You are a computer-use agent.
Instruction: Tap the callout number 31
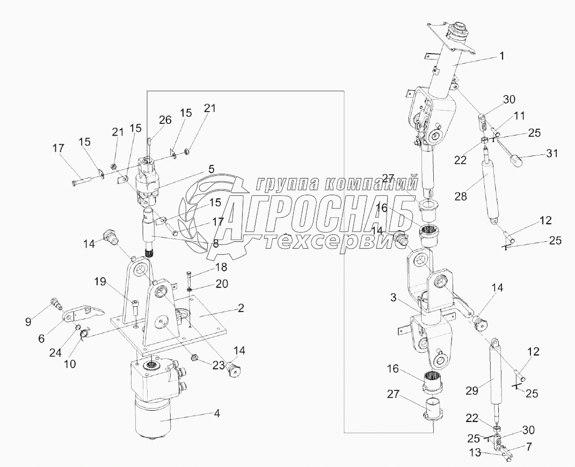click(551, 153)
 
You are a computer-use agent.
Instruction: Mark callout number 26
click(165, 120)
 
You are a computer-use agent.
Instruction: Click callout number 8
click(215, 242)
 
